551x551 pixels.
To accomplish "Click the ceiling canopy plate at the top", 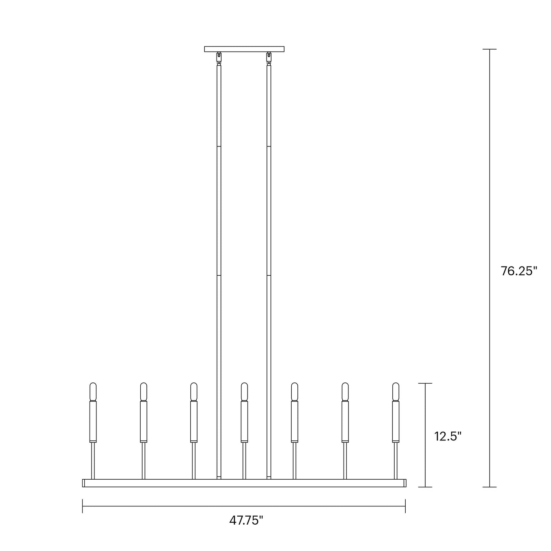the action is [x=244, y=49].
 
